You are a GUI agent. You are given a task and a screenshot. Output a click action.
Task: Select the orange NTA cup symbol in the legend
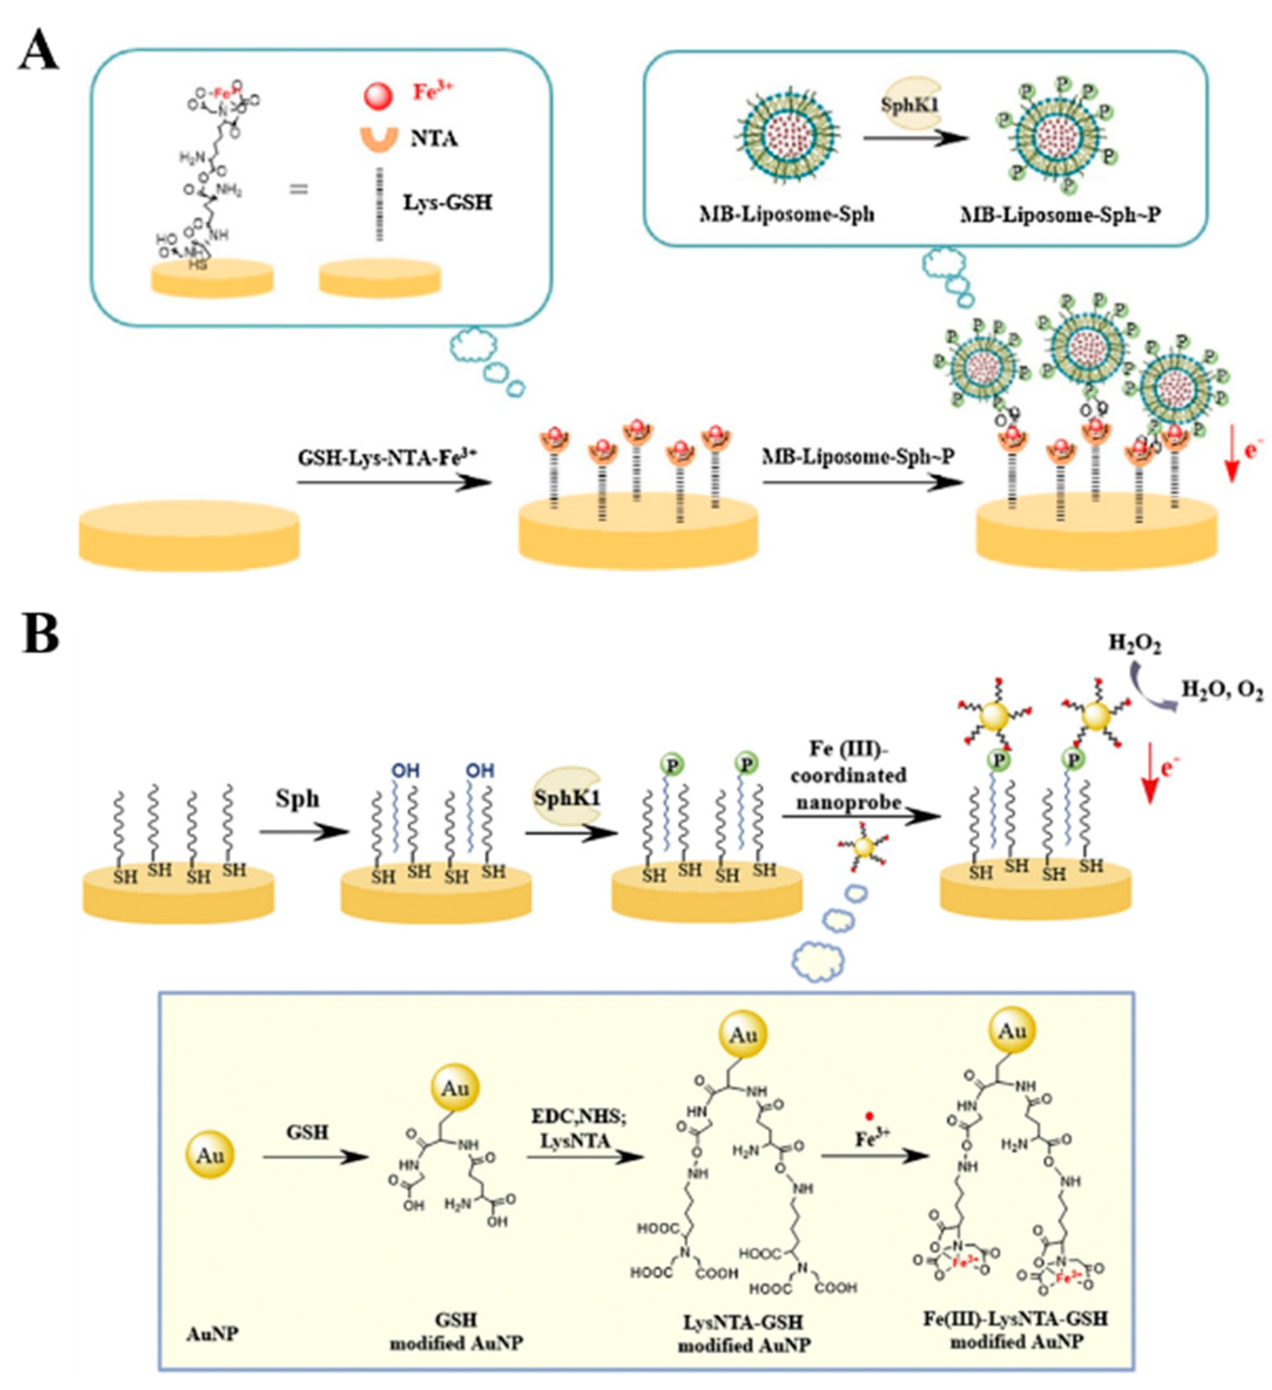point(379,139)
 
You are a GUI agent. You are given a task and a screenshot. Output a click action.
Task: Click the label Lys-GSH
point(447,203)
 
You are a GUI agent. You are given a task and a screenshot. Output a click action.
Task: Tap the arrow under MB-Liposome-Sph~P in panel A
point(862,481)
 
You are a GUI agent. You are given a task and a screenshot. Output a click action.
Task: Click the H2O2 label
point(1134,644)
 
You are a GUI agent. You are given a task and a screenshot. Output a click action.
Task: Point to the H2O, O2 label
point(1222,690)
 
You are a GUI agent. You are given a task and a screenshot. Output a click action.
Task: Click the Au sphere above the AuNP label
point(210,1155)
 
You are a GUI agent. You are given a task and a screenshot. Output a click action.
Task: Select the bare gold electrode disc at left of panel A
point(189,536)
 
